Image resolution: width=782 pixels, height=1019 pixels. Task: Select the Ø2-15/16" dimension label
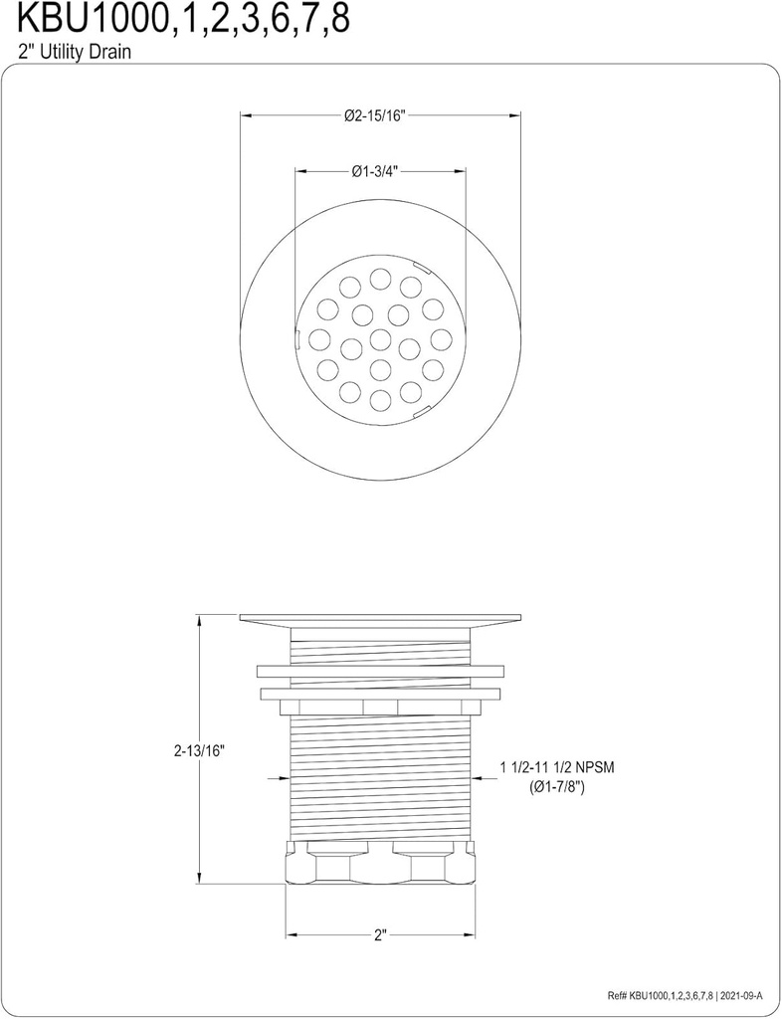coord(375,115)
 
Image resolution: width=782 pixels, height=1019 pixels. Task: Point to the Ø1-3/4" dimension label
coord(374,171)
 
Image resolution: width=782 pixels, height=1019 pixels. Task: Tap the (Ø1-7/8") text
coord(556,787)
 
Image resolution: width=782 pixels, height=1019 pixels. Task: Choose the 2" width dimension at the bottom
coord(379,935)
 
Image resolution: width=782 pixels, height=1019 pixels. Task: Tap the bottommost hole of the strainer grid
coord(380,400)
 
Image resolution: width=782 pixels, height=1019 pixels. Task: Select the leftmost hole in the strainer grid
coord(318,339)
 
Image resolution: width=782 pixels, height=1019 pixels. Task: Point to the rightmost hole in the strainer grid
coord(442,339)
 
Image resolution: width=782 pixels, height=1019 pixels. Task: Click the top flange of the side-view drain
coord(380,618)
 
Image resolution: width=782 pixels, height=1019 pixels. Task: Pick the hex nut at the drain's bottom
coord(380,862)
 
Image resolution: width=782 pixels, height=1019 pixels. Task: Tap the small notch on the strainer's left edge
coord(296,338)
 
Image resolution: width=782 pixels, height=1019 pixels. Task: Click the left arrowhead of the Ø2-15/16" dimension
coord(246,115)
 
